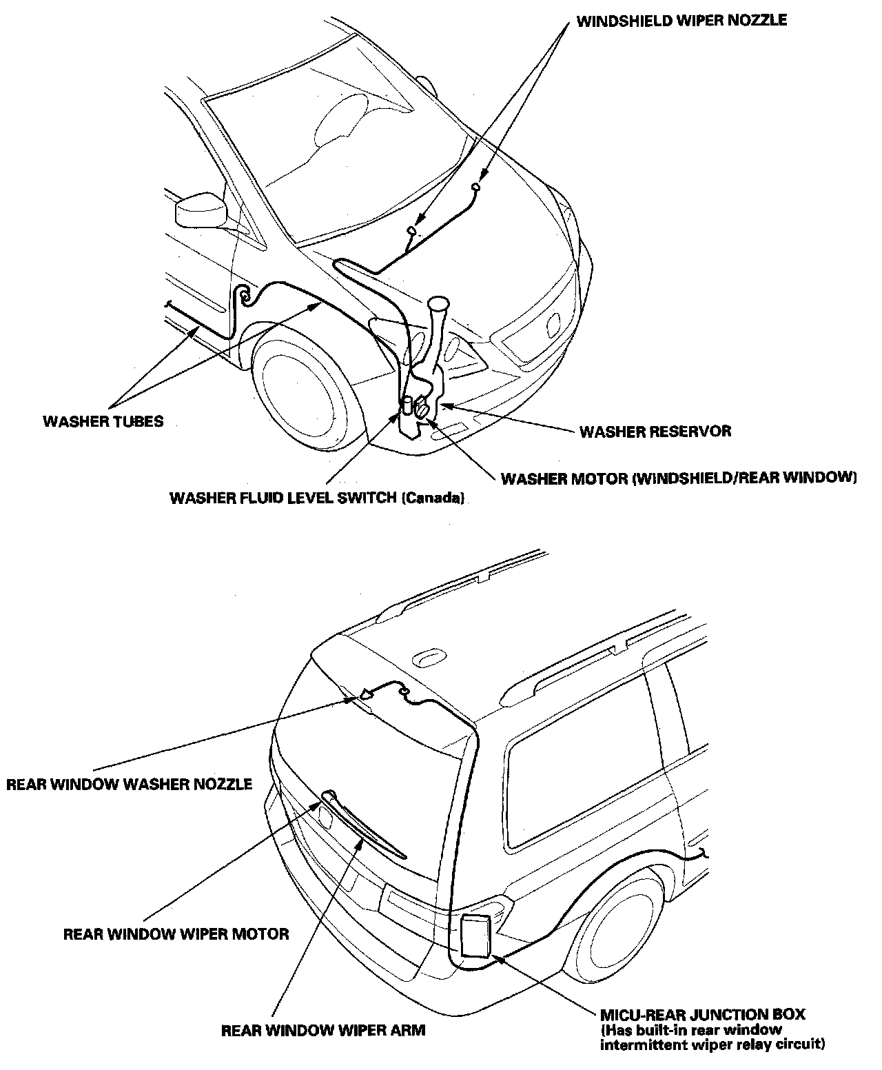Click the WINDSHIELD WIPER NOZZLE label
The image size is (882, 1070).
point(681,21)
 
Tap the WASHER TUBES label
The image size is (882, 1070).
point(103,421)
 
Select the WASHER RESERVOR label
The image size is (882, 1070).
point(655,432)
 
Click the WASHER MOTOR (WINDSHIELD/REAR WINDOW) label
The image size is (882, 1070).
point(679,478)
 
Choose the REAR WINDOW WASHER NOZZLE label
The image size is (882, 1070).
point(129,784)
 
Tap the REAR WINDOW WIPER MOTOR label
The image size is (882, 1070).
point(176,934)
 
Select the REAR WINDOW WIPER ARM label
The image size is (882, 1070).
point(323,1031)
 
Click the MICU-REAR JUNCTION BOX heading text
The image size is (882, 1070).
point(702,1014)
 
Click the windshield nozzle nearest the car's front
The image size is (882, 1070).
point(476,187)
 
